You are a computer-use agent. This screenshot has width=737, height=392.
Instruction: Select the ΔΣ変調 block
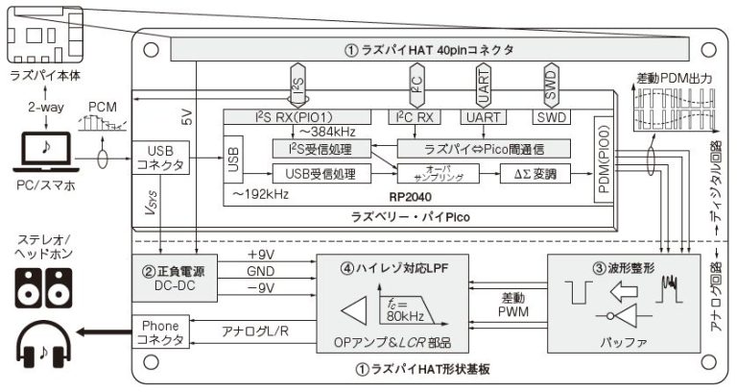pos(530,174)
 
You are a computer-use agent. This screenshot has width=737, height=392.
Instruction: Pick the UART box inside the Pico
pos(484,116)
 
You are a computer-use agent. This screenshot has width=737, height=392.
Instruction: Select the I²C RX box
pos(417,116)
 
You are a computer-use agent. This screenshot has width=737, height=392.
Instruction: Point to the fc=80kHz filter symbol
pos(404,312)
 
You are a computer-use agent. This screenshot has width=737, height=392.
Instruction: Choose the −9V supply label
pos(262,289)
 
